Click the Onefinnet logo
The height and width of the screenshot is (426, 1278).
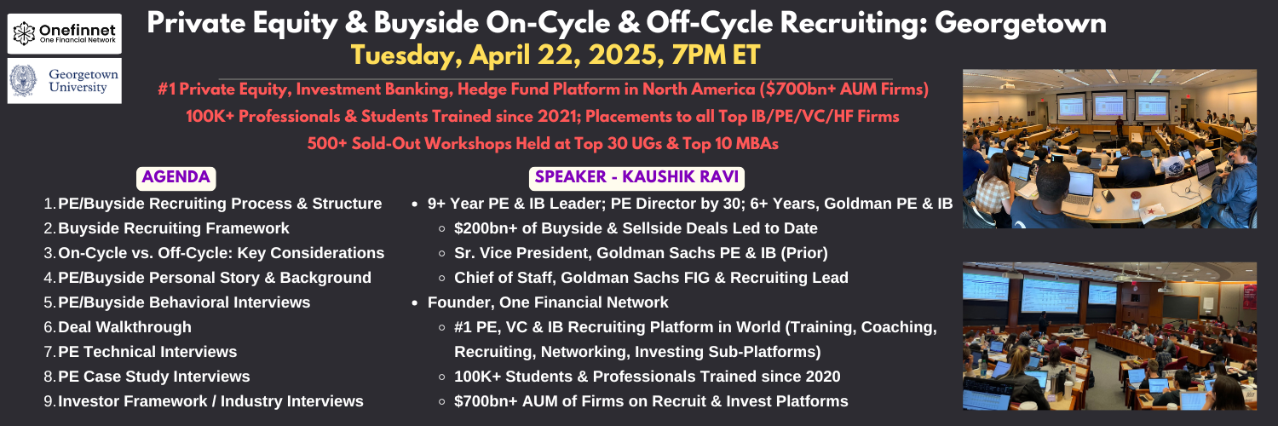tap(65, 33)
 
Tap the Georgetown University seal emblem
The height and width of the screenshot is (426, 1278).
tap(23, 80)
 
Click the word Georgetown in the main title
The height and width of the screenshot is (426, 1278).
tap(1021, 24)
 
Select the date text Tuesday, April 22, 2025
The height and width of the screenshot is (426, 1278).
tap(508, 56)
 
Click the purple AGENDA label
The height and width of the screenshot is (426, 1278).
tap(176, 177)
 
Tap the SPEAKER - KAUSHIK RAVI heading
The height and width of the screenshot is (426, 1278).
tap(636, 177)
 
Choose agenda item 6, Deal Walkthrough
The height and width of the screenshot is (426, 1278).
tap(124, 327)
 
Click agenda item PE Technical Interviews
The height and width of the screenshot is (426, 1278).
tap(147, 352)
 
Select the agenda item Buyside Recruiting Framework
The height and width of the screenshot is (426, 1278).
tap(174, 228)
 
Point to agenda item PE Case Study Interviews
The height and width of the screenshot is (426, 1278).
tap(154, 377)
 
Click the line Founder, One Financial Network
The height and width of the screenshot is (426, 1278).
tap(548, 302)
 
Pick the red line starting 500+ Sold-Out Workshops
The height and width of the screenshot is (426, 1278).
tap(543, 144)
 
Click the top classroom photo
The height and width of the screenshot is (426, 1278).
tap(1109, 149)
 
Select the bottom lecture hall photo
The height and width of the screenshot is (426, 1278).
tap(1109, 336)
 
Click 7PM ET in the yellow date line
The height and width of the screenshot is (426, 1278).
tap(716, 56)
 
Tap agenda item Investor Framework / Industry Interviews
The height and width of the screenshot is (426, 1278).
tap(210, 401)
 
